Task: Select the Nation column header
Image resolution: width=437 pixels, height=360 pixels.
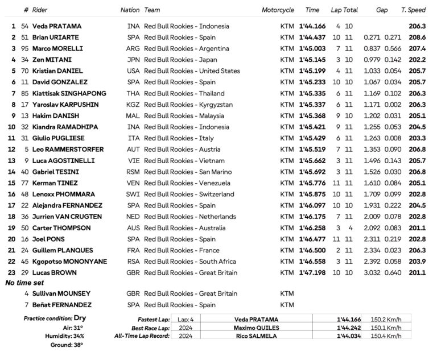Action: (130, 10)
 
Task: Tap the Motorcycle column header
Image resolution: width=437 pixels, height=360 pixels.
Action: (278, 10)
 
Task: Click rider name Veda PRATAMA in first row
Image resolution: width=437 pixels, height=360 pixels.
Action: (57, 26)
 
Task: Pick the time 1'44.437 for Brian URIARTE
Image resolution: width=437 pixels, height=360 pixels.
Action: (312, 38)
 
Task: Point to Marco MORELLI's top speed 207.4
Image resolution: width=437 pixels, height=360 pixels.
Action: (417, 49)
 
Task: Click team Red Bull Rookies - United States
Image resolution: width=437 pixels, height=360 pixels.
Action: (192, 71)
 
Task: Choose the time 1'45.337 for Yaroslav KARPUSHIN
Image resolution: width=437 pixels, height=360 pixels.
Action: (312, 105)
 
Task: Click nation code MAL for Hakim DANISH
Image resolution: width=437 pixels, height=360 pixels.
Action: (133, 116)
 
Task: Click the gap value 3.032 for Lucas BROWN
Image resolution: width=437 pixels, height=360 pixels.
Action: (373, 273)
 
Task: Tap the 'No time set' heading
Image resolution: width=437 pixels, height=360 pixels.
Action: (24, 283)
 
